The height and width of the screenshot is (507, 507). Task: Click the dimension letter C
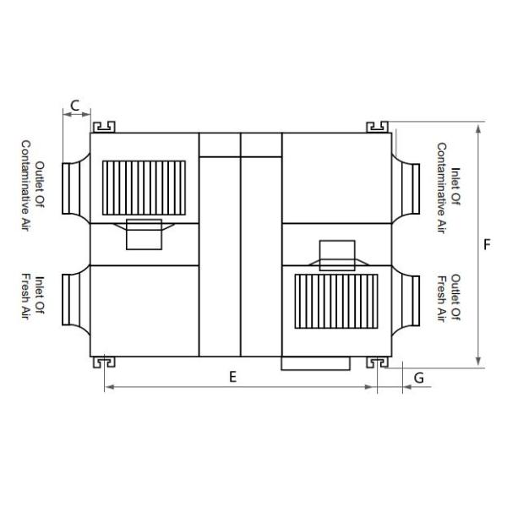pos(75,106)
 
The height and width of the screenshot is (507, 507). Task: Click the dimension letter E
pos(232,377)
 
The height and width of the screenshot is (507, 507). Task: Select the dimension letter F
pos(488,245)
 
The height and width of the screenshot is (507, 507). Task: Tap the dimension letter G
pos(418,378)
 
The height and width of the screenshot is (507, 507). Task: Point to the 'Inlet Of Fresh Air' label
pos(31,297)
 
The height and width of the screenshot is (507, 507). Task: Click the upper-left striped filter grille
pos(144,188)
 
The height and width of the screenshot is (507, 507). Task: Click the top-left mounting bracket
pos(104,127)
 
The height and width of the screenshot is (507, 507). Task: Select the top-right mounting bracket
pos(377,127)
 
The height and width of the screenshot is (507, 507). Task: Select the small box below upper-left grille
pos(144,234)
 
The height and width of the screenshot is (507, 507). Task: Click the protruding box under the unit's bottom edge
pos(314,363)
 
